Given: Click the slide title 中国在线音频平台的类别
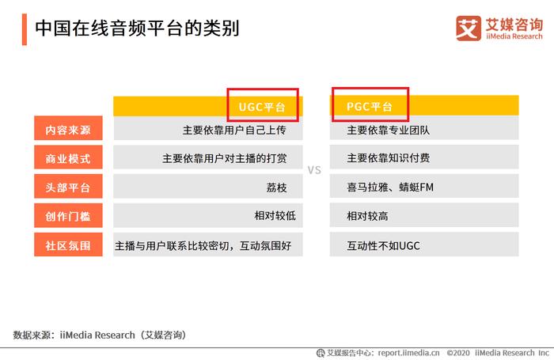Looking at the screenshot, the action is (137, 28).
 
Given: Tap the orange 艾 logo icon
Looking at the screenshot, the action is (469, 28).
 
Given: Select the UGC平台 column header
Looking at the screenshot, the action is (262, 107).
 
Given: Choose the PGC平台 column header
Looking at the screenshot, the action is (370, 106).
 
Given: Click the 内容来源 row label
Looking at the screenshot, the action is (68, 130).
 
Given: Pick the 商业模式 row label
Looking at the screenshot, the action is (68, 158).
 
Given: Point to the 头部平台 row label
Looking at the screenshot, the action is (68, 188).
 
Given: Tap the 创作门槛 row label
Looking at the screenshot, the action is (68, 216).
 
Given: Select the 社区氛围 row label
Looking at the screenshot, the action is (68, 245).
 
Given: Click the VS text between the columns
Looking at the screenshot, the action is (314, 170).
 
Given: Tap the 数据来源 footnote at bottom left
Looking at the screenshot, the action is (100, 335).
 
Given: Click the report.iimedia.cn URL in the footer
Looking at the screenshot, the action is (409, 353).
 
